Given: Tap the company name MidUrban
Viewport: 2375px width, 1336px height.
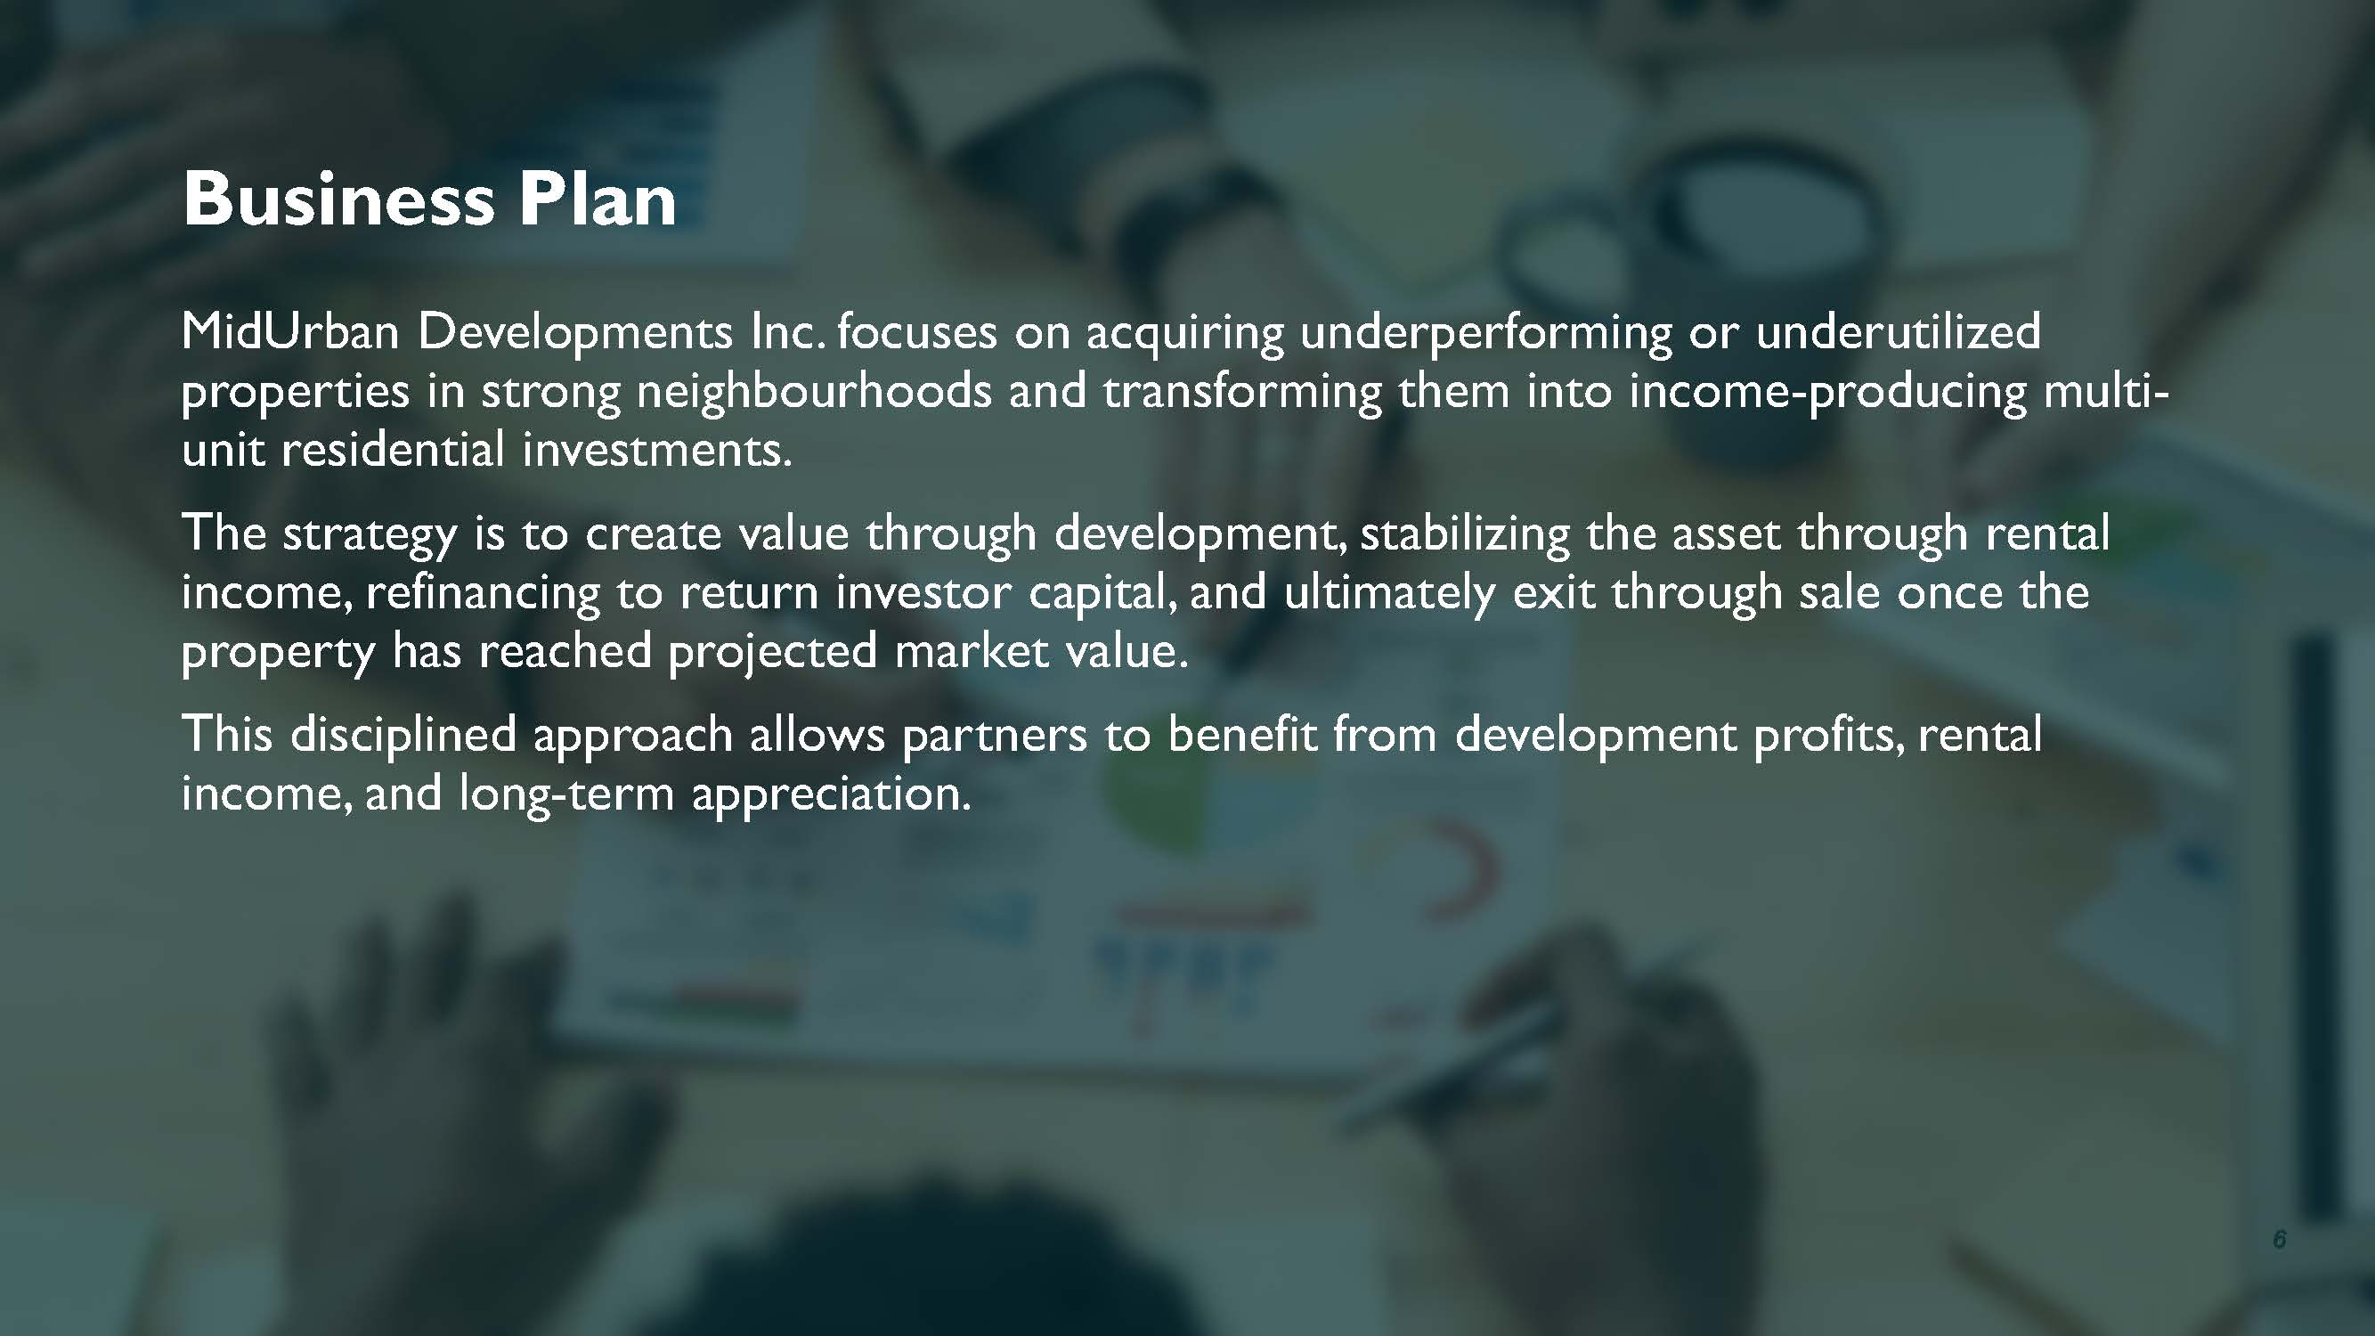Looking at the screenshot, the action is coord(289,332).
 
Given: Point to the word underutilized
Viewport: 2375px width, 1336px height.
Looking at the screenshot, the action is coord(1898,332).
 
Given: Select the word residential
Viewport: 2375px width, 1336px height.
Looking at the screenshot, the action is coord(393,450).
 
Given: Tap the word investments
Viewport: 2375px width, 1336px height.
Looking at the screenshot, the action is coord(655,451).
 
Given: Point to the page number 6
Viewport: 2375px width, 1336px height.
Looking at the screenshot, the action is coord(2279,1238).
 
